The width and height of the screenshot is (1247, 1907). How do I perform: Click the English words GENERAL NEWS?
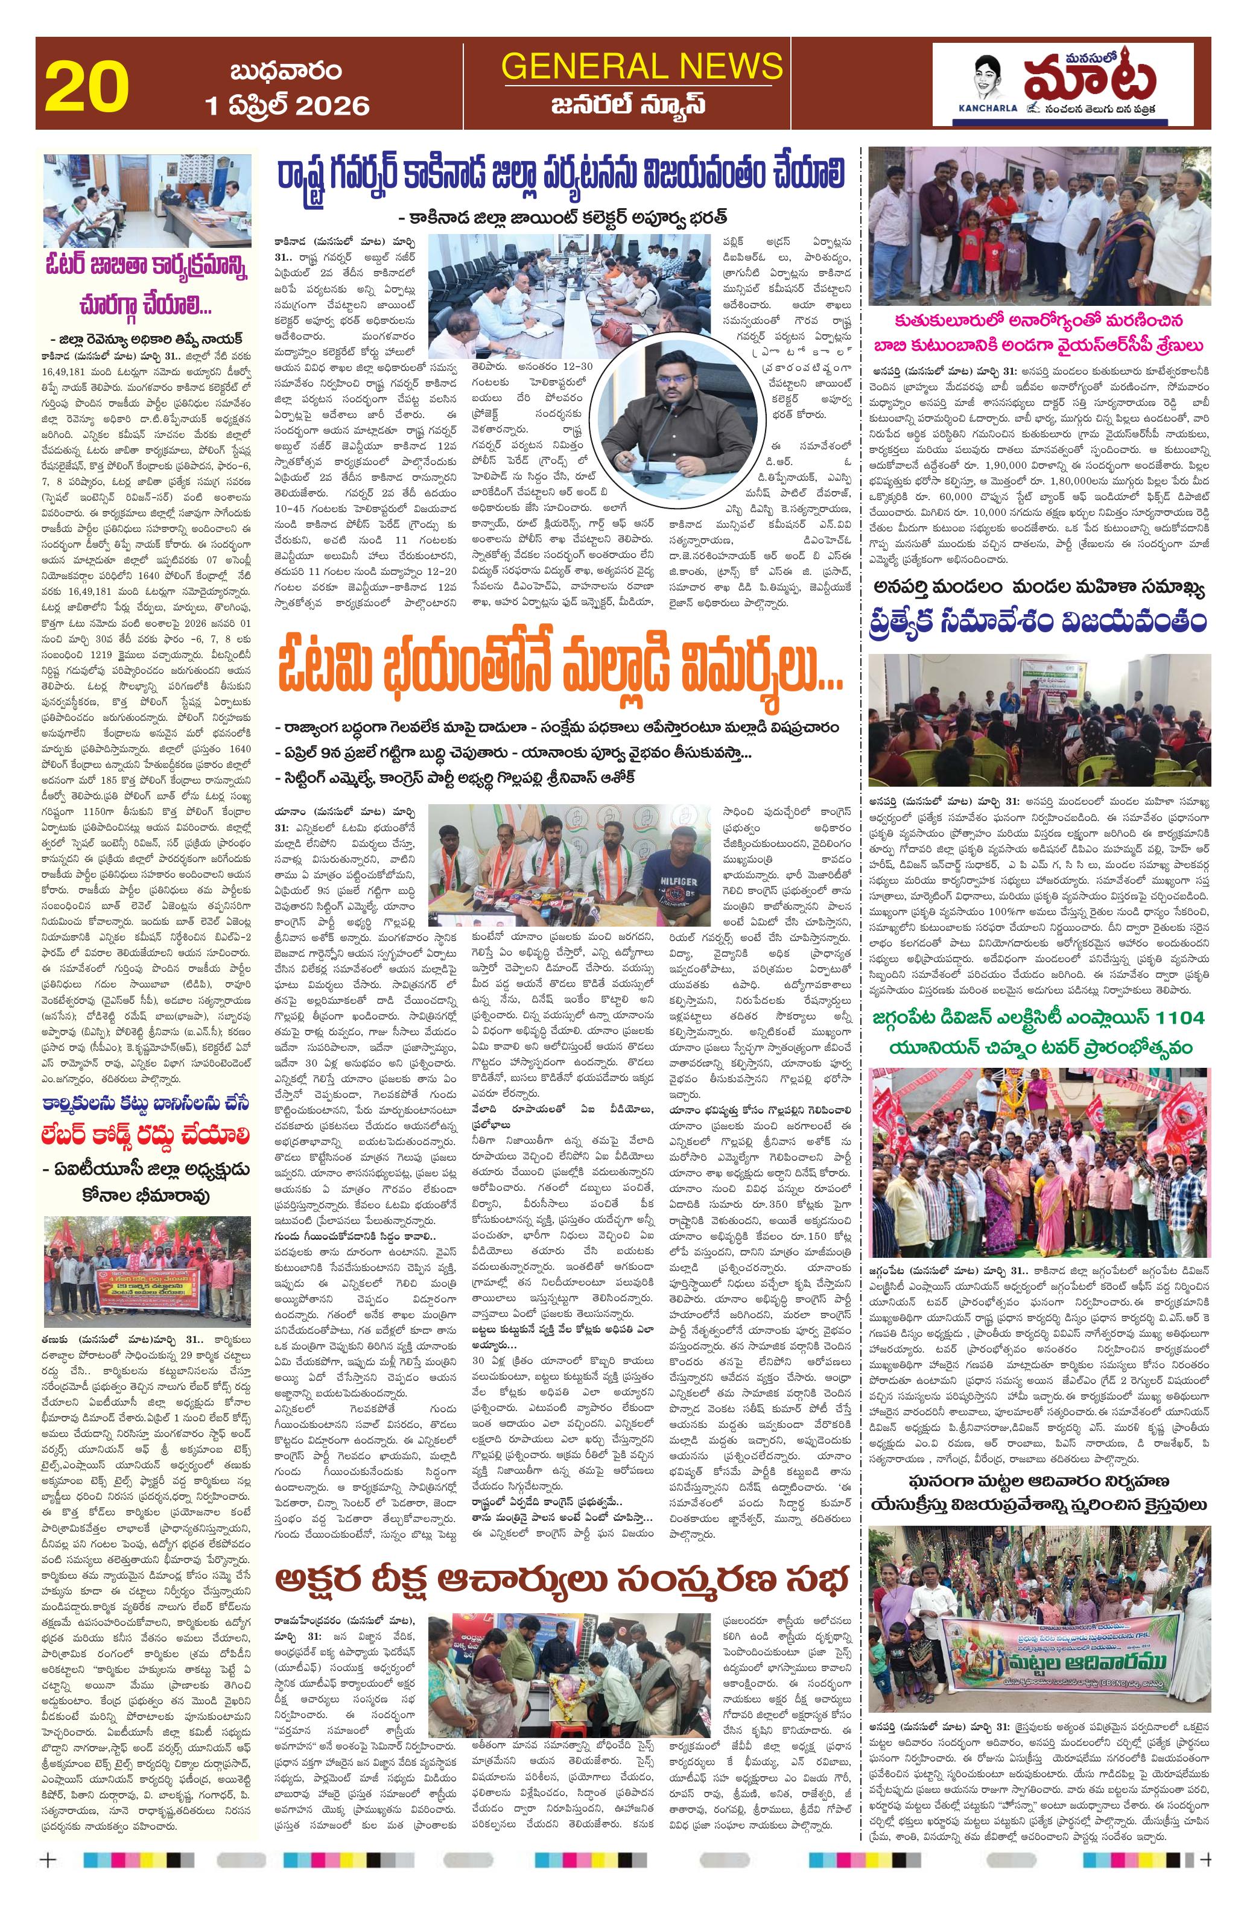click(641, 66)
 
